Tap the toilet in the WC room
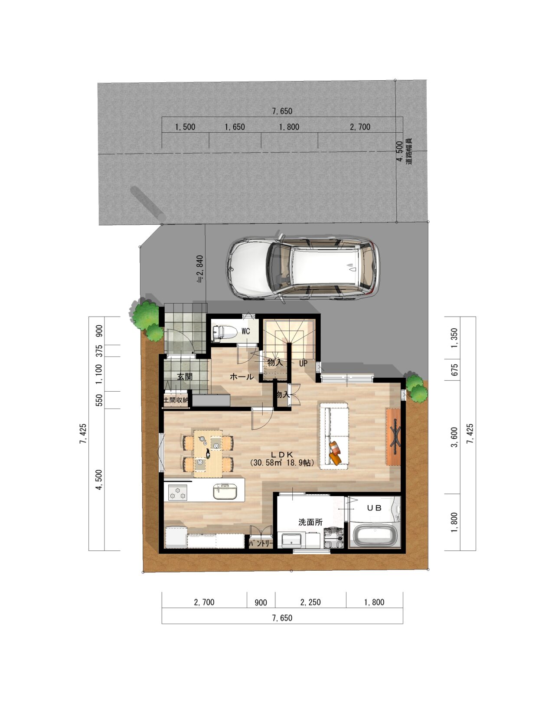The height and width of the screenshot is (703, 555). pos(225,333)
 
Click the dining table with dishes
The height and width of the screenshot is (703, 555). pos(208,454)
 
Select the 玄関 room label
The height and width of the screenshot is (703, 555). pos(185,377)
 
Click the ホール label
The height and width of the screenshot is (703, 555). pos(242,377)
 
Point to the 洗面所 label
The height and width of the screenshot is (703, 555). pos(310,522)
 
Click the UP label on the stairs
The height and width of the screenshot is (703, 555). pos(303,363)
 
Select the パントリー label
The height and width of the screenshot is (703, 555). pos(261,544)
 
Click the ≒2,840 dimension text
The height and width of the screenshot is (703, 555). pos(200,269)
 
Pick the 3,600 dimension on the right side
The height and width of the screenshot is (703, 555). pos(454,437)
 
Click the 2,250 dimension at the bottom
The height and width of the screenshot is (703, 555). pos(310,602)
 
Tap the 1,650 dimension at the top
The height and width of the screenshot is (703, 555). pos(235,127)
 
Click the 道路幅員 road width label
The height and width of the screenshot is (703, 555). pos(409,151)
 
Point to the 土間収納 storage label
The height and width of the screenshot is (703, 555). pos(176,400)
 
